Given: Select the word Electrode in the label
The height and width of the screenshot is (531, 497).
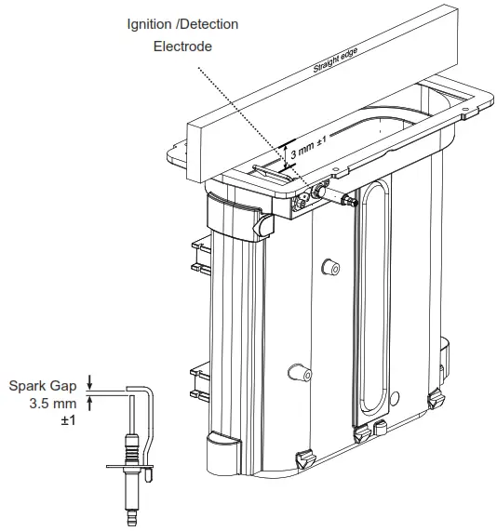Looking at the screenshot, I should click(183, 44).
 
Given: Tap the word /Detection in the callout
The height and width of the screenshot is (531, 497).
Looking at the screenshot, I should click(210, 23).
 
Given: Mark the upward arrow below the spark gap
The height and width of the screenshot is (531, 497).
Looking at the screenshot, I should click(89, 403).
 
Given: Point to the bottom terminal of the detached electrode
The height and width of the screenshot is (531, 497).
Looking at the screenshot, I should click(129, 511).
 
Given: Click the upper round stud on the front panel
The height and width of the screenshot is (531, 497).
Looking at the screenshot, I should click(327, 268).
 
